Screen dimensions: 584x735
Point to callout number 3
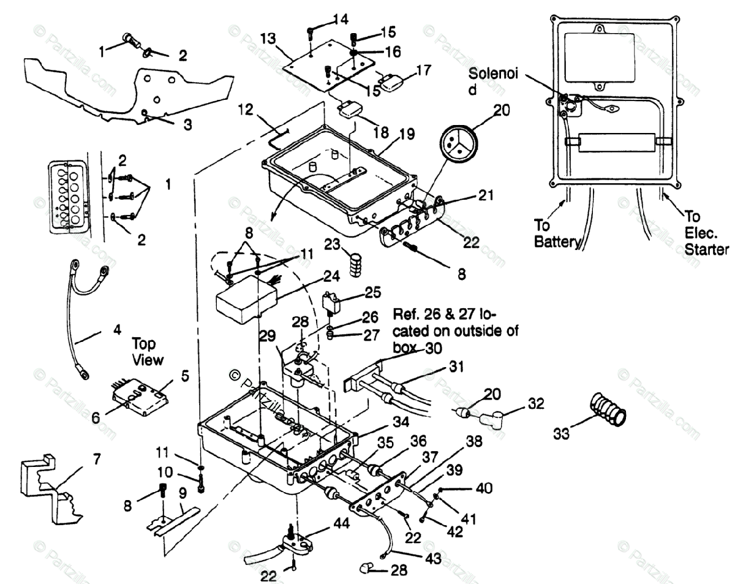[x=187, y=124]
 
